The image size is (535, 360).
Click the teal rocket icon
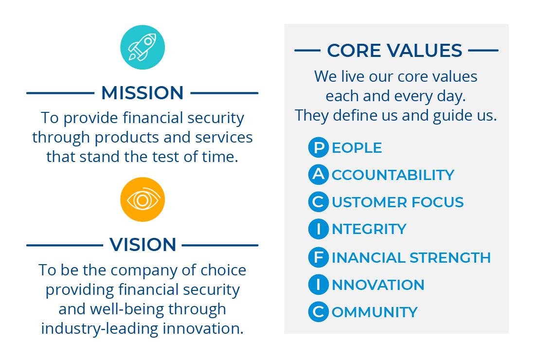143,47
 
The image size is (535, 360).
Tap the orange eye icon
143,199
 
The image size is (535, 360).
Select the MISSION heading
143,93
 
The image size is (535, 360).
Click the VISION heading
143,245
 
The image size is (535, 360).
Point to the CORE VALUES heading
394,51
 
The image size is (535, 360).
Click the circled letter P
319,147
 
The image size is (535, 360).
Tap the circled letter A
319,174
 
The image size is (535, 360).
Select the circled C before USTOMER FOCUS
319,202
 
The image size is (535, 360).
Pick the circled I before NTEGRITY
319,229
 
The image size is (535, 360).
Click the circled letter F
319,257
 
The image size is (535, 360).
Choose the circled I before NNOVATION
319,285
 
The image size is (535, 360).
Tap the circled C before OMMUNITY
319,311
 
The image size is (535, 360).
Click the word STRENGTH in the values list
450,258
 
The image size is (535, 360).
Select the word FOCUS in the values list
438,202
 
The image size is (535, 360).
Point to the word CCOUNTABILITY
392,175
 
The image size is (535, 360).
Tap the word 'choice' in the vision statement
223,270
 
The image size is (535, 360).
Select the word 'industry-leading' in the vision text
99,329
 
